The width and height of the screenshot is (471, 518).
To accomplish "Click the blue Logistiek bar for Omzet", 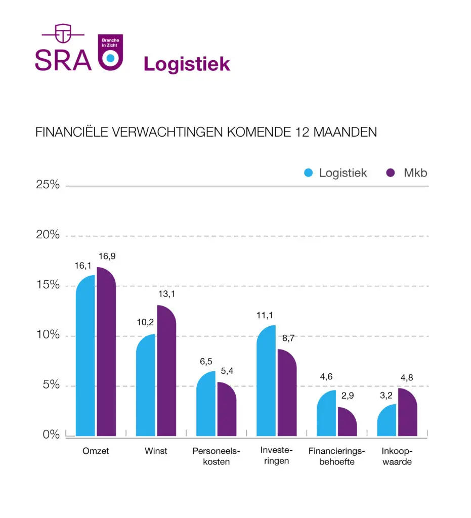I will click(85, 357).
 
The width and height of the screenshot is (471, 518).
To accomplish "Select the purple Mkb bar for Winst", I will click(166, 372).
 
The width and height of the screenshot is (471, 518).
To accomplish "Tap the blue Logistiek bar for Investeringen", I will click(266, 382).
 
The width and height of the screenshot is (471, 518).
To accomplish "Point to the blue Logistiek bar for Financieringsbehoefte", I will click(326, 414).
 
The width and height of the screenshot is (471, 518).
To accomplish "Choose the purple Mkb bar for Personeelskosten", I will click(227, 410).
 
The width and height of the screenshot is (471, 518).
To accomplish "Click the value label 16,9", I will click(107, 256).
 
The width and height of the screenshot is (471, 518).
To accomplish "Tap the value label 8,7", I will click(288, 338).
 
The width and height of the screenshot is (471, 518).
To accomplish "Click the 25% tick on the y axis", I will click(48, 185).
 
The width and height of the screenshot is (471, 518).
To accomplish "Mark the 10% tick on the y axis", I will click(48, 335).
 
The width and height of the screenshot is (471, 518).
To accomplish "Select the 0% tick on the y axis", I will click(51, 435).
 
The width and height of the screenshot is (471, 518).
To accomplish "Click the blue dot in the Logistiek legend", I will click(308, 172).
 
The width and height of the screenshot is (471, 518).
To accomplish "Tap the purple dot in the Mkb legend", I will click(390, 172).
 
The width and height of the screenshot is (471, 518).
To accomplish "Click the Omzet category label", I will click(96, 451).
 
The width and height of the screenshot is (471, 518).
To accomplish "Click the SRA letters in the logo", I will click(63, 60).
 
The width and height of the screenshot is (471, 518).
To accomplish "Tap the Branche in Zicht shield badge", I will click(109, 52).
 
